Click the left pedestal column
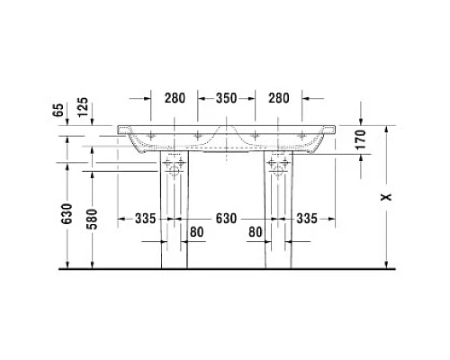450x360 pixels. [x=175, y=225]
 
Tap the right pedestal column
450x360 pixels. [x=278, y=225]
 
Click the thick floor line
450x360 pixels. [x=225, y=268]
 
